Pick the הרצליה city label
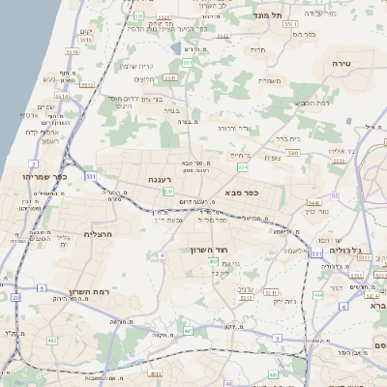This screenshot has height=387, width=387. [x=99, y=233]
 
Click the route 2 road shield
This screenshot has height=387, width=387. [x=34, y=165]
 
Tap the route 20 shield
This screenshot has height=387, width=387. [x=15, y=298]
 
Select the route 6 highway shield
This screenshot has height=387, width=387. [x=342, y=307]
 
